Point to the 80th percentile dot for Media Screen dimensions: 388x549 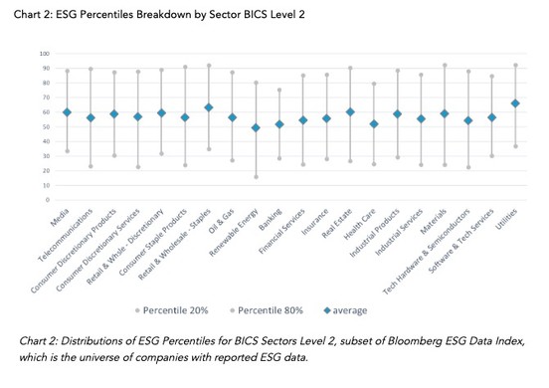coord(68,71)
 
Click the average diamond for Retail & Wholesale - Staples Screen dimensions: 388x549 coord(209,107)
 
